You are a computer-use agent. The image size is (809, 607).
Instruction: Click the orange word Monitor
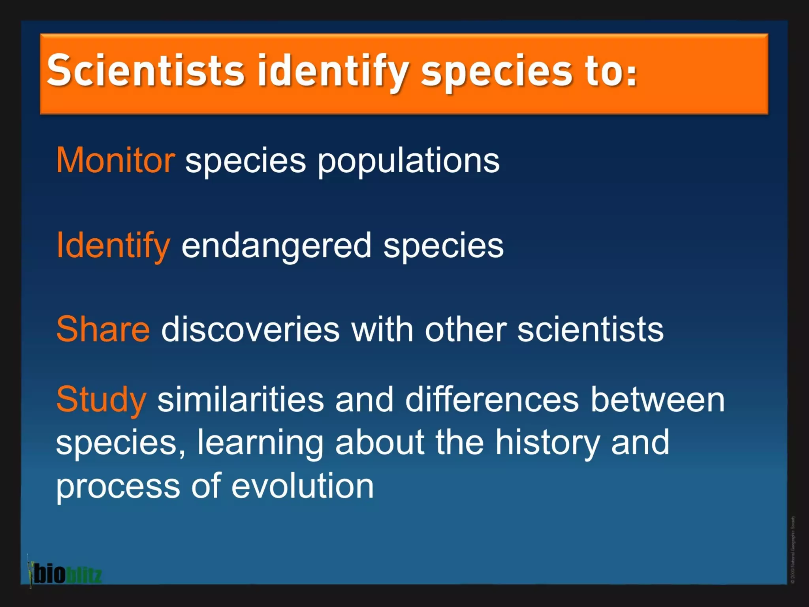pos(115,160)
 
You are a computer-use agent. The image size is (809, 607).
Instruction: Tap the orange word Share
pos(103,329)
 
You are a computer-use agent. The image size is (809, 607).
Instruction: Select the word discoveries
pos(250,330)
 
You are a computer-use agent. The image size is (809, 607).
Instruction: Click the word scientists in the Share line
pos(590,330)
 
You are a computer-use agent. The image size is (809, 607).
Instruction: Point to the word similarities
pos(241,400)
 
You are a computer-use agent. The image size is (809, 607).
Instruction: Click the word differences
pos(492,400)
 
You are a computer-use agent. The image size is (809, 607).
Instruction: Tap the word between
pos(657,400)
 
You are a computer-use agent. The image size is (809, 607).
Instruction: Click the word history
pos(547,443)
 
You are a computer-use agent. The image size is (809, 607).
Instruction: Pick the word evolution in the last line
pos(302,486)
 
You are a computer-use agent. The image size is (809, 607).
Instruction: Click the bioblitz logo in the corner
pos(65,574)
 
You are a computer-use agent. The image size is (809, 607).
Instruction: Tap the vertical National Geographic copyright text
pos(793,549)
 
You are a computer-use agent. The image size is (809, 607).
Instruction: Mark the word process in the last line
pos(118,487)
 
